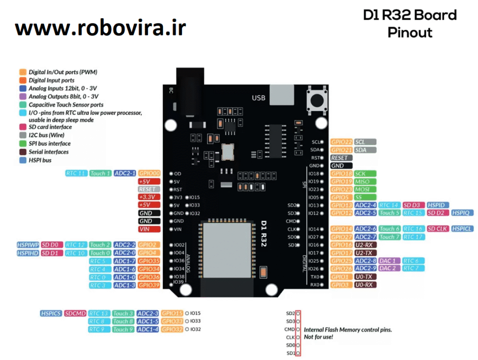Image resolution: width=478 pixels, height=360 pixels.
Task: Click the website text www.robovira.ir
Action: [100, 29]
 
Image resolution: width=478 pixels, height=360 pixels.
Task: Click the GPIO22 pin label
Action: [341, 142]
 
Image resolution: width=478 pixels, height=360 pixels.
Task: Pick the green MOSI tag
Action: [362, 190]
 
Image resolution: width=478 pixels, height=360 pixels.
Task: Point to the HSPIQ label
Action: [463, 213]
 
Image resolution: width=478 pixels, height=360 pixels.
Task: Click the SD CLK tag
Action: [437, 229]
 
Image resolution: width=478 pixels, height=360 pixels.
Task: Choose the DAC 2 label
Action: [388, 268]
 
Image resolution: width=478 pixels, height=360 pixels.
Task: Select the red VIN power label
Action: [149, 229]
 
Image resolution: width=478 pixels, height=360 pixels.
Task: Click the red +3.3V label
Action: [149, 197]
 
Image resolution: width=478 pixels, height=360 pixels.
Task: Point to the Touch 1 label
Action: [100, 173]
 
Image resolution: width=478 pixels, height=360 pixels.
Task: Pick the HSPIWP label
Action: [28, 245]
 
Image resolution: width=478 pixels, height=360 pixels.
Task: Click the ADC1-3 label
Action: [125, 285]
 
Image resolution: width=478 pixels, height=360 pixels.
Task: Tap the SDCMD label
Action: [75, 313]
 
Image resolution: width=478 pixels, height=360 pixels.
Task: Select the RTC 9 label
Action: [99, 329]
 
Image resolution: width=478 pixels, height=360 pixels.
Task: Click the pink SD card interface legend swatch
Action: [22, 127]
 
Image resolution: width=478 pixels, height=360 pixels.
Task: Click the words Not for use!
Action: [318, 337]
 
